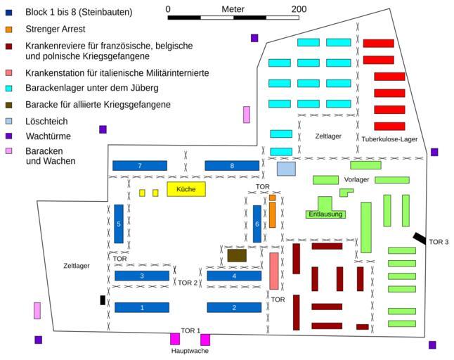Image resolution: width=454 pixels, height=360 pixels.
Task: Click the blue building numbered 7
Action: pos(140,166)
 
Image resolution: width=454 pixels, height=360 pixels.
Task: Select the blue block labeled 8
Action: pos(233,166)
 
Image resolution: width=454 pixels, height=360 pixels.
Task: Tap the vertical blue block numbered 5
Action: pos(119,224)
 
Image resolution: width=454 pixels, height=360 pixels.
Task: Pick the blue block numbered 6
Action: pos(257,224)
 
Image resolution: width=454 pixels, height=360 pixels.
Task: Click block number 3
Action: pos(141,276)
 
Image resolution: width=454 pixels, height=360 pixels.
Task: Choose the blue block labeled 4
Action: pos(234,276)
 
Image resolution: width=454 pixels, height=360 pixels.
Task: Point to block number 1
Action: pos(141,307)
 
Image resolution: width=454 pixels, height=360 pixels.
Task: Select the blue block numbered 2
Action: pos(234,307)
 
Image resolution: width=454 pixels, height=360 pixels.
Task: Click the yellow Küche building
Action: pos(186,189)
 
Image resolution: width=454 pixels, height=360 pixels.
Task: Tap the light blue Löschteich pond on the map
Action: pos(286,169)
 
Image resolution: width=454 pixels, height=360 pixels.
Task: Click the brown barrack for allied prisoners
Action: pos(237,255)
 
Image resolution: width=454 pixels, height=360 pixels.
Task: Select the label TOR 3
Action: pos(439,242)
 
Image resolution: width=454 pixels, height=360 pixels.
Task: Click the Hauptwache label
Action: pos(190,350)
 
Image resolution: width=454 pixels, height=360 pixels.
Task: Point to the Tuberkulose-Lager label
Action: pos(390,139)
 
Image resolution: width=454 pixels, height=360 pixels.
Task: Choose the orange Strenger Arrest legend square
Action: pos(8,30)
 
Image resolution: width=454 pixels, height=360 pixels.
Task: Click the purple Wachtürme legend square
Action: pos(8,136)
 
